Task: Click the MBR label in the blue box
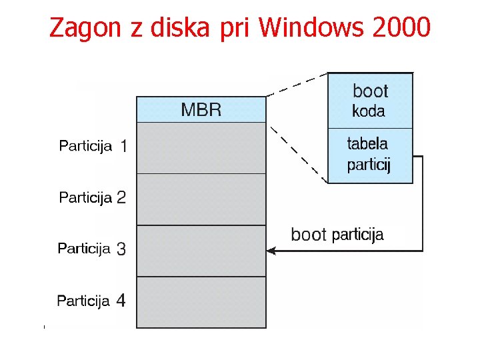(201, 110)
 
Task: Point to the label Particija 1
(93, 146)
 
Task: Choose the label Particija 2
(93, 197)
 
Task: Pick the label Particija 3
(92, 249)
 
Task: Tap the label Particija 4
(91, 301)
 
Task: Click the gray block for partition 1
(201, 148)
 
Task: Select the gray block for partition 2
(201, 199)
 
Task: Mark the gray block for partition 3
(201, 251)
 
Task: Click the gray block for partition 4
(201, 302)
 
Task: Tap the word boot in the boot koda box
(370, 91)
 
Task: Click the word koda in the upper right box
(369, 111)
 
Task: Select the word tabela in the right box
(367, 143)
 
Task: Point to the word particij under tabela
(369, 164)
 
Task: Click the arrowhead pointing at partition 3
(271, 251)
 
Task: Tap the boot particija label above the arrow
(337, 235)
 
